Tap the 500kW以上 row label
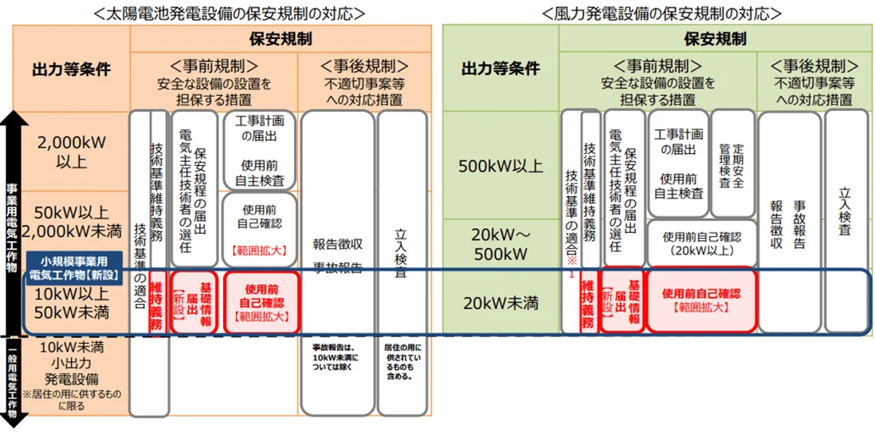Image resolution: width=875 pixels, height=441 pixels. [x=501, y=167]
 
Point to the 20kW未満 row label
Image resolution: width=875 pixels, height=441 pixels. [x=501, y=302]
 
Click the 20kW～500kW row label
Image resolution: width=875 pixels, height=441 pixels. [x=501, y=244]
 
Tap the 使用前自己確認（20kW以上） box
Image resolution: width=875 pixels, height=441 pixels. [x=701, y=243]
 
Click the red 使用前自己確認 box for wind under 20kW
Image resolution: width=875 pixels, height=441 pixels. [x=701, y=300]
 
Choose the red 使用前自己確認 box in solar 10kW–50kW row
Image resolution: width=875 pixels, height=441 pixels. [x=261, y=302]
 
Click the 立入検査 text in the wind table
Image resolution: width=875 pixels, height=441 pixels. [x=846, y=211]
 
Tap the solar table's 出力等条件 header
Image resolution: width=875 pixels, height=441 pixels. [x=70, y=69]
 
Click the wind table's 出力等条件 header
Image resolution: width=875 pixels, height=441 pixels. [x=501, y=69]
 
